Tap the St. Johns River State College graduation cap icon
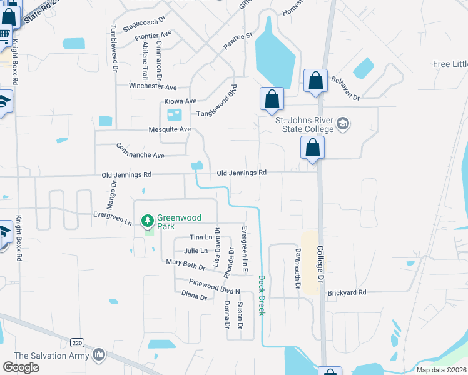(342, 124)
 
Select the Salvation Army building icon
(98, 356)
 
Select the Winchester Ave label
(153, 86)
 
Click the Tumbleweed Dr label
(114, 47)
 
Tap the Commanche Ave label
(140, 151)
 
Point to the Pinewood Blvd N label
(215, 287)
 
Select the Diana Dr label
(194, 296)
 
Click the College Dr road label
(320, 262)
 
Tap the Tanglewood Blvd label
(218, 101)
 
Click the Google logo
(21, 367)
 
